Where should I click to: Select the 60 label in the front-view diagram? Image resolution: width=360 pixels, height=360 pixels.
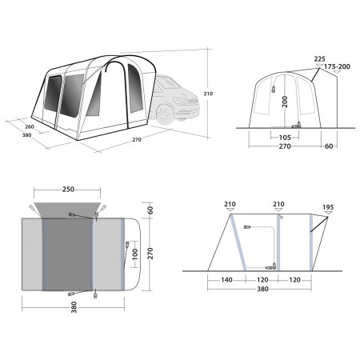329,147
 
